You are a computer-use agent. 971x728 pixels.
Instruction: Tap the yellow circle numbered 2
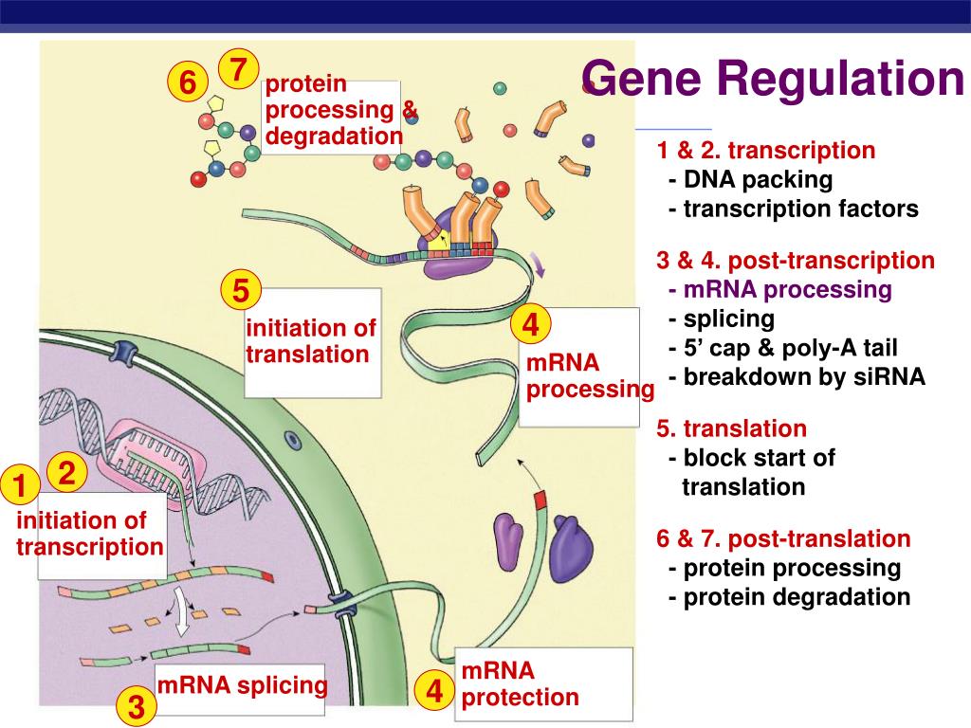67,472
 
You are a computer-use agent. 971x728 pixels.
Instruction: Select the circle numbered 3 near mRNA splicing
137,705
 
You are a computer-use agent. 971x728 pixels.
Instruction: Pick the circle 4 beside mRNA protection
434,690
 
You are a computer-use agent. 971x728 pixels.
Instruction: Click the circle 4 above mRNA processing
531,324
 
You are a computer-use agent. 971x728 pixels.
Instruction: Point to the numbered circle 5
241,290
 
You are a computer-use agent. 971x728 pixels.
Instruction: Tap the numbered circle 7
238,68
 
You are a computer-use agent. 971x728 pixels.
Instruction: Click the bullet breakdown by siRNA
797,376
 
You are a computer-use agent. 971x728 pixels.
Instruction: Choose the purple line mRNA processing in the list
780,289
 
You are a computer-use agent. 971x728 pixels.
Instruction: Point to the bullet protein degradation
790,597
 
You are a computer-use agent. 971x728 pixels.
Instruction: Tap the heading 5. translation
731,428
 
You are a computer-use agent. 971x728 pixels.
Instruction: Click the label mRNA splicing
242,684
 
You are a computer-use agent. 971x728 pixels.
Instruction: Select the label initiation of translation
311,341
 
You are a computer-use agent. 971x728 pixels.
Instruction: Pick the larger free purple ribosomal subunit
571,549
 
